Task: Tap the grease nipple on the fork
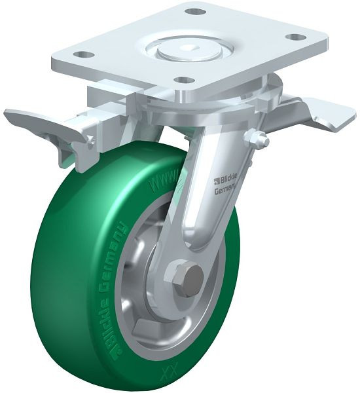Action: click(260, 139)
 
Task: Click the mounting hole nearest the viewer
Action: click(185, 80)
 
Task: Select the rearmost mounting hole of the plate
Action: click(194, 11)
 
